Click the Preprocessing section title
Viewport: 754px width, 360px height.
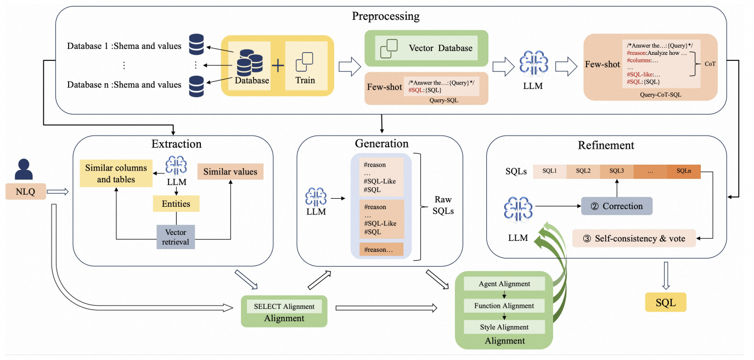tap(386, 16)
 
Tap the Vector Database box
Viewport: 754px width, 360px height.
tap(426, 48)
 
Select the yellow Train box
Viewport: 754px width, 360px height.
tap(306, 66)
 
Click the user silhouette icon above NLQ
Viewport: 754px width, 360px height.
tap(24, 169)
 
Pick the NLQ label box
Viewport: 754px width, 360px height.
tap(26, 192)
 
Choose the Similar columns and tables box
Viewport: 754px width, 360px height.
tap(116, 173)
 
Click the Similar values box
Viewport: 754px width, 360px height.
tap(230, 171)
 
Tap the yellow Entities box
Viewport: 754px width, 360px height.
tap(176, 204)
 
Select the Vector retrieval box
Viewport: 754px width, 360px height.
tap(176, 237)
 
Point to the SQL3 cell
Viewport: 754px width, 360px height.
tap(617, 171)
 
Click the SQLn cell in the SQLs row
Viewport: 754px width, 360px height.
tap(684, 171)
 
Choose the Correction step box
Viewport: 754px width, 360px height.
tap(617, 206)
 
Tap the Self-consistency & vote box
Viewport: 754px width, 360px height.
tap(634, 238)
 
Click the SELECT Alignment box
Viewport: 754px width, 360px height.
tap(284, 306)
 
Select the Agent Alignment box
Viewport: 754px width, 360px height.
tap(504, 284)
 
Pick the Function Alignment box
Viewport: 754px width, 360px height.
tap(504, 306)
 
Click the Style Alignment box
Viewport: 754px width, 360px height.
tap(504, 327)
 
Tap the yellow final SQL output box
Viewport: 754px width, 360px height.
tap(666, 302)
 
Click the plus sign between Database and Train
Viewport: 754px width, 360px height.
tap(278, 66)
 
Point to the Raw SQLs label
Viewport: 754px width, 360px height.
tap(443, 205)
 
